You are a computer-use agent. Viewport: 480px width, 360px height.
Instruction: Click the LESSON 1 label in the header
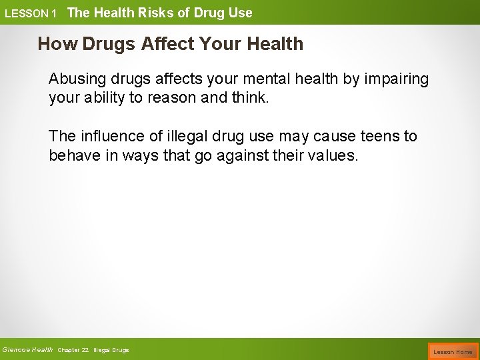(31, 13)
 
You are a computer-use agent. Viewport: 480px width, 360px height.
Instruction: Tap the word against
(258, 156)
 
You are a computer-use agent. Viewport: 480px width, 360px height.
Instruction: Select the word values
(335, 156)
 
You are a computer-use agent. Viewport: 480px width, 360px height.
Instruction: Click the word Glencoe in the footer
(15, 349)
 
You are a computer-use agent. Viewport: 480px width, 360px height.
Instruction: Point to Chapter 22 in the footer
(73, 350)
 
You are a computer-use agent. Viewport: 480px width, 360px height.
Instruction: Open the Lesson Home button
(453, 351)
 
